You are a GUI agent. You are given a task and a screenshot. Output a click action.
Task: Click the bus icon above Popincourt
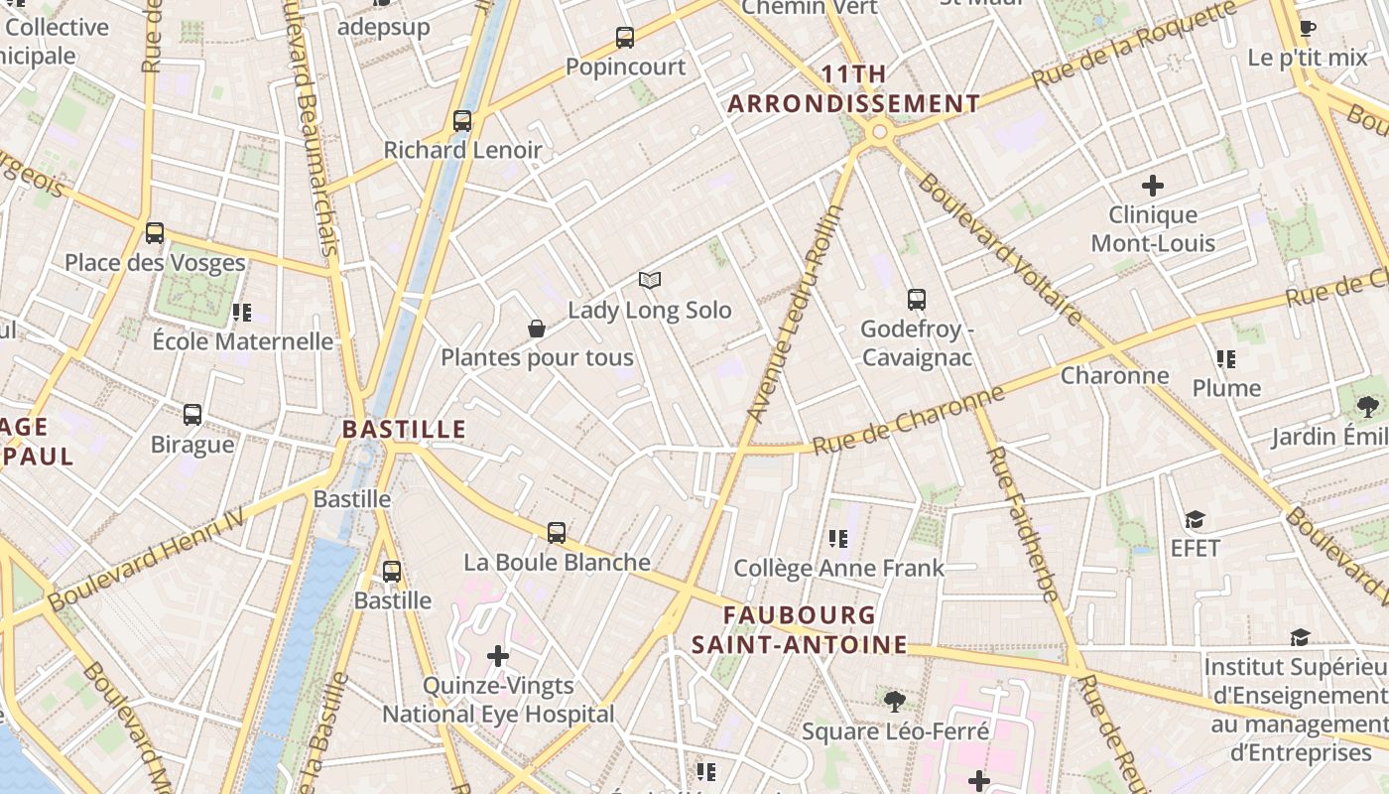[x=624, y=38]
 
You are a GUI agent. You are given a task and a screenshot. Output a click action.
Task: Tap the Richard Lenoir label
[x=462, y=150]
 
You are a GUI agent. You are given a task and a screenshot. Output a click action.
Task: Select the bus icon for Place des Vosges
[x=155, y=233]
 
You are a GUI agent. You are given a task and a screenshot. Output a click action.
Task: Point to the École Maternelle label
[x=242, y=341]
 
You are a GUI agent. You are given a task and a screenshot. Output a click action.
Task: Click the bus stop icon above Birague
[x=192, y=415]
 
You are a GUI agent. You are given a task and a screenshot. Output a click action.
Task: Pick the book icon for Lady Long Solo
[x=650, y=281]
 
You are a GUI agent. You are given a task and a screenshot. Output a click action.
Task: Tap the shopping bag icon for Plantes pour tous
[x=537, y=329]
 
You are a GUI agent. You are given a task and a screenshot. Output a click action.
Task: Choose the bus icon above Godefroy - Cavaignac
[x=917, y=300]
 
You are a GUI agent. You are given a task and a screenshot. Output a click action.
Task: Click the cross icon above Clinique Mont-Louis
[x=1153, y=186]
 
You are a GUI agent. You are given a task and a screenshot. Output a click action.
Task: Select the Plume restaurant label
[x=1226, y=388]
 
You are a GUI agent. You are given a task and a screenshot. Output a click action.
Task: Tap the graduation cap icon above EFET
[x=1195, y=520]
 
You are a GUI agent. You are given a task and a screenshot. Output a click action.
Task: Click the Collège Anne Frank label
[x=838, y=568]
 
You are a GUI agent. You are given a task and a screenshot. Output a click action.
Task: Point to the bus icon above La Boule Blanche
[x=557, y=533]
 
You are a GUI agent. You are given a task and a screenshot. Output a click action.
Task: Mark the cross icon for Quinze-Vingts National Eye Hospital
[x=498, y=656]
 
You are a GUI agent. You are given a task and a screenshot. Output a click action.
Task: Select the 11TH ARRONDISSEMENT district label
[x=854, y=89]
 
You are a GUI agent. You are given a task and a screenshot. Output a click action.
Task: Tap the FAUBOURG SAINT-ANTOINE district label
[x=800, y=630]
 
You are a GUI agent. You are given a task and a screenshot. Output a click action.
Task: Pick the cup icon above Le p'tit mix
[x=1308, y=29]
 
